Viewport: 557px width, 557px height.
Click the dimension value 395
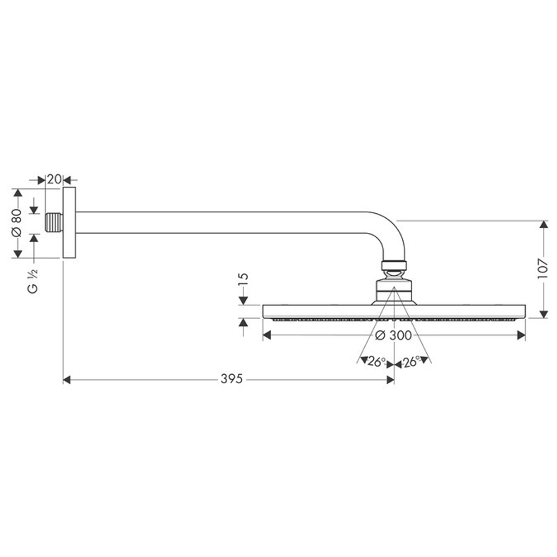click(x=231, y=379)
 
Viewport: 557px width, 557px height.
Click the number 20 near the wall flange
click(x=53, y=179)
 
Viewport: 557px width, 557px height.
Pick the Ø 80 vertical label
click(x=17, y=223)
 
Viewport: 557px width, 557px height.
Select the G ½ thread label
click(x=33, y=280)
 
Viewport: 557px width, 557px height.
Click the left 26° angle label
click(x=377, y=362)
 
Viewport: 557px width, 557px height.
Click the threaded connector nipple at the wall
click(x=53, y=223)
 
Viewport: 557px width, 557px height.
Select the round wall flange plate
click(x=69, y=223)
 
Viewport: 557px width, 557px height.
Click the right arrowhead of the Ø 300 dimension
click(x=521, y=335)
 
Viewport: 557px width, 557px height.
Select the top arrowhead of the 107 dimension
click(x=544, y=224)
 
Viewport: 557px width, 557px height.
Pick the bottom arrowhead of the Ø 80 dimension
click(x=17, y=253)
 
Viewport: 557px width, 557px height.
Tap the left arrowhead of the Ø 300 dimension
click(x=267, y=335)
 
